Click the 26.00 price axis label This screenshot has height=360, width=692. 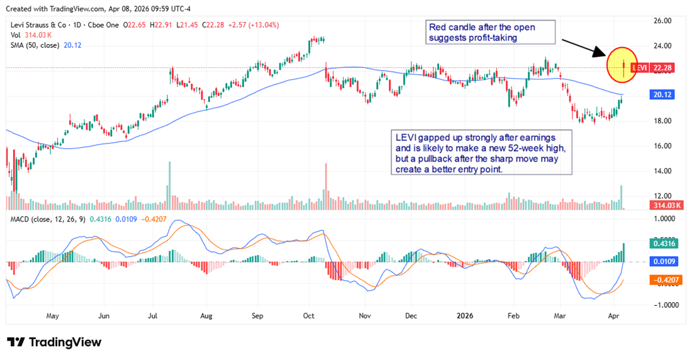(663, 21)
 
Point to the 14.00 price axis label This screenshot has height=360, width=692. (663, 171)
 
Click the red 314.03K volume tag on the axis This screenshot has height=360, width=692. (668, 206)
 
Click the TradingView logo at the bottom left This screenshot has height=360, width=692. (55, 342)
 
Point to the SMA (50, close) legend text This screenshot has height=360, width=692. (36, 45)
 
